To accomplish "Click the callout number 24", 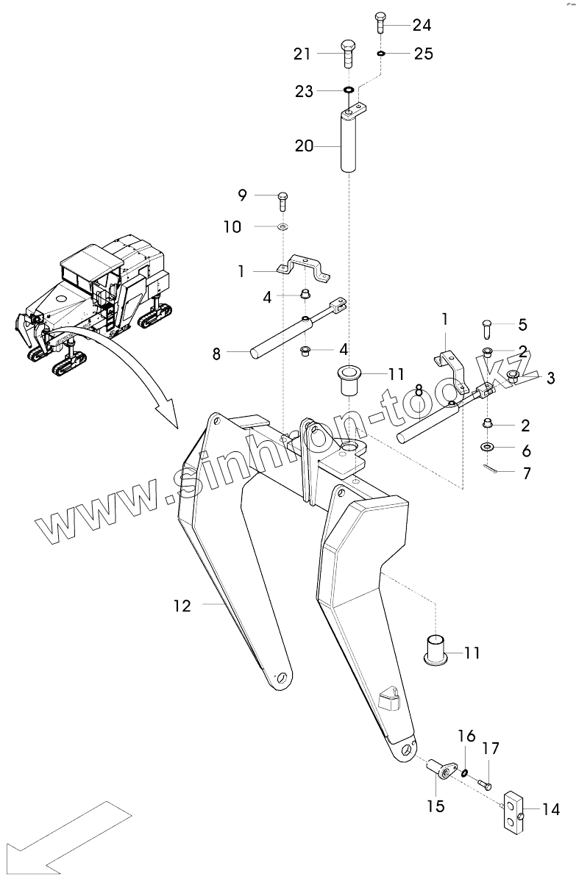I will (422, 25).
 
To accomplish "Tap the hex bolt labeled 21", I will (349, 56).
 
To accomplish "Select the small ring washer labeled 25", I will (381, 54).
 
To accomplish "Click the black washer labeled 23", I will (348, 91).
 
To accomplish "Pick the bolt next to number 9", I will (283, 199).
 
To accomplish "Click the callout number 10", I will (232, 226).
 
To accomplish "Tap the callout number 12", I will (182, 606).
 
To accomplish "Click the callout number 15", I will (435, 806).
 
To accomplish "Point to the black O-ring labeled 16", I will (466, 772).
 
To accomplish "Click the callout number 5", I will (523, 323).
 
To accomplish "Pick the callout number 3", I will (550, 378).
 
